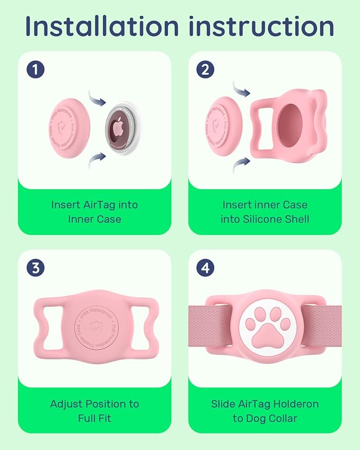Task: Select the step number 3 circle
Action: (35, 268)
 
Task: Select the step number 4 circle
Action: (205, 268)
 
